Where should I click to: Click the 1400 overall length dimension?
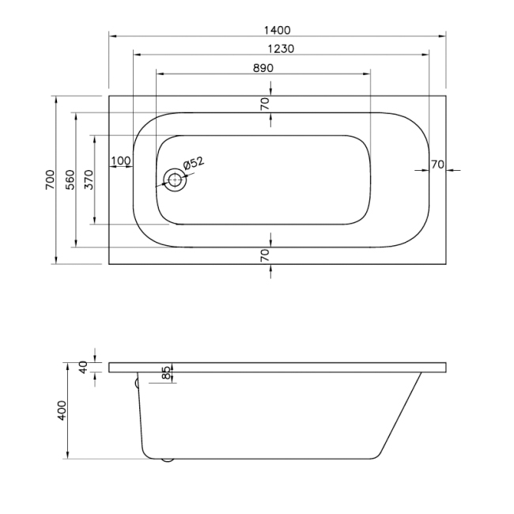click(x=277, y=29)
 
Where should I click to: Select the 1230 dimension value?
click(x=281, y=48)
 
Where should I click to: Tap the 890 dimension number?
click(x=263, y=68)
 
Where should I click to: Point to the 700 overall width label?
click(x=49, y=180)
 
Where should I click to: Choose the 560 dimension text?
click(x=70, y=180)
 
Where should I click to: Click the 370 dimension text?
click(x=89, y=180)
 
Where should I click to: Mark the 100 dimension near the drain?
click(x=120, y=161)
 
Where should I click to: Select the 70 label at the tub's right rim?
click(x=437, y=164)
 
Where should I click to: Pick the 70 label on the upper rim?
click(x=265, y=102)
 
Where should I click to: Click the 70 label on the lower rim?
click(x=265, y=255)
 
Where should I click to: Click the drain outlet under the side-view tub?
click(x=167, y=459)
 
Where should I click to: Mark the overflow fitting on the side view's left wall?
click(x=137, y=383)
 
